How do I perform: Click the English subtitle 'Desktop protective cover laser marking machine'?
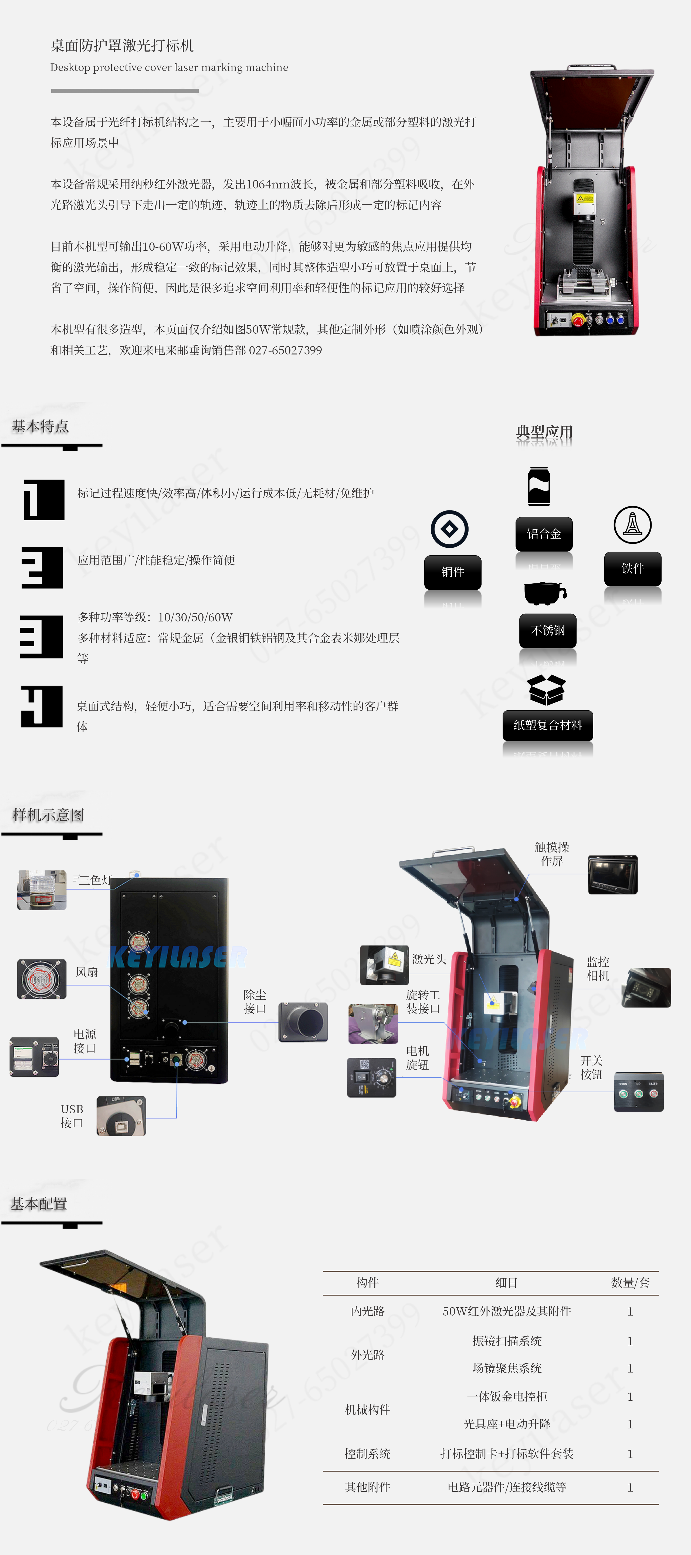(x=169, y=67)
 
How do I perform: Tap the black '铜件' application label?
(x=453, y=572)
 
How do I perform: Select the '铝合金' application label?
(x=544, y=534)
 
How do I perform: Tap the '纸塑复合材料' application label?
(x=547, y=725)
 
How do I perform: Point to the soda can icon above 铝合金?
(x=539, y=486)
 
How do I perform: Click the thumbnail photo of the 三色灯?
(x=42, y=890)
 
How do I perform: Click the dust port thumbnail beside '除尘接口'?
(x=303, y=1022)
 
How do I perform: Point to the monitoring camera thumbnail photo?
(x=646, y=988)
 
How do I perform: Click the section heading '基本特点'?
(x=40, y=426)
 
